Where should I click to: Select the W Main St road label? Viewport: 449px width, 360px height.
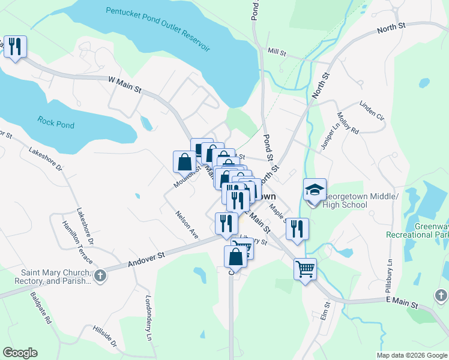tap(124, 85)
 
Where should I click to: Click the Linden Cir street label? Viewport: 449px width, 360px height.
tap(372, 110)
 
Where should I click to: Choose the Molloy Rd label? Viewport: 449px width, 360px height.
tap(348, 123)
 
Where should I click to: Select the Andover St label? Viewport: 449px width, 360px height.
tap(146, 260)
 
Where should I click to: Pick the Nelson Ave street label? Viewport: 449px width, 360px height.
tap(187, 224)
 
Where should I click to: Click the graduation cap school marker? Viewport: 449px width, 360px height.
tap(315, 190)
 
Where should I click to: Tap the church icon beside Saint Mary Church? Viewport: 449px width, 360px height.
tap(100, 277)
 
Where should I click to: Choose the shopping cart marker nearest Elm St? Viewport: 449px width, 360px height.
tap(305, 268)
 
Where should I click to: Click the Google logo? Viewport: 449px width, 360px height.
tap(20, 353)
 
